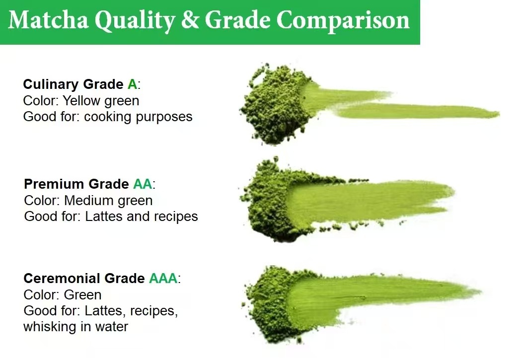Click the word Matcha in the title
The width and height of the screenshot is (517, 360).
point(48,20)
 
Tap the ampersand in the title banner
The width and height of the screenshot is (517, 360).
point(191,20)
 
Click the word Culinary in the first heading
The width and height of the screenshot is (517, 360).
point(51,85)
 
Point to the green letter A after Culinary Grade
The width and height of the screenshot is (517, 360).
point(132,84)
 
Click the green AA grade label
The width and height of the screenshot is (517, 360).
point(143,184)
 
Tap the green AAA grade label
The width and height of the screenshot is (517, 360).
point(163,279)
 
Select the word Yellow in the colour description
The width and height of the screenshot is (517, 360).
point(81,101)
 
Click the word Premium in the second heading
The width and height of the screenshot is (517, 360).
point(54,184)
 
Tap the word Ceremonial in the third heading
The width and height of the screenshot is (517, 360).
point(62,279)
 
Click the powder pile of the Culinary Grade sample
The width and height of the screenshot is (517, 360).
point(274,105)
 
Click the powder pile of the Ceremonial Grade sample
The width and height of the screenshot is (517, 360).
point(269,305)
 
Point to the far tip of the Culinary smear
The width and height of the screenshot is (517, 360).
point(499,114)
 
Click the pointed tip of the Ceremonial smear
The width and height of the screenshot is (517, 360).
point(481,291)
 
